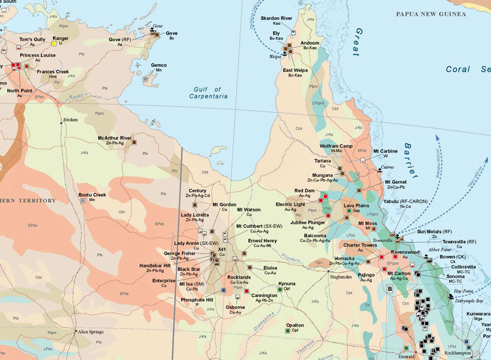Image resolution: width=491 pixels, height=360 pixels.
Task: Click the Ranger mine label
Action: point(60,38)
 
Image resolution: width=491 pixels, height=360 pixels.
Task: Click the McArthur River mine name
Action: point(115,138)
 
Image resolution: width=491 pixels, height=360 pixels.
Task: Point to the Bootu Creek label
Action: point(92,194)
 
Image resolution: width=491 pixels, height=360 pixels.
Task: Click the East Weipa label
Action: point(296,70)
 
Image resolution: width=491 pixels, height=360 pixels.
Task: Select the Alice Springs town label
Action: point(92,333)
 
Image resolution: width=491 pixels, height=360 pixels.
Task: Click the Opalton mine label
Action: point(295,325)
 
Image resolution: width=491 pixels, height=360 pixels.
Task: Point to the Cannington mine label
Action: point(264,295)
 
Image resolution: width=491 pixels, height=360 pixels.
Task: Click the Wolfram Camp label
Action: point(336,145)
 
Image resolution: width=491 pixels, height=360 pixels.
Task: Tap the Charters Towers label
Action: point(360,245)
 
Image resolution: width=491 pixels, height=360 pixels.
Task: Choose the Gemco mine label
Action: point(158,65)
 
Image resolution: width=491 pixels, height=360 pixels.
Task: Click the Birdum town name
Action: point(70,120)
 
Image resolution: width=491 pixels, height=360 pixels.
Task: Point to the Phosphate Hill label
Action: point(197,300)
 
